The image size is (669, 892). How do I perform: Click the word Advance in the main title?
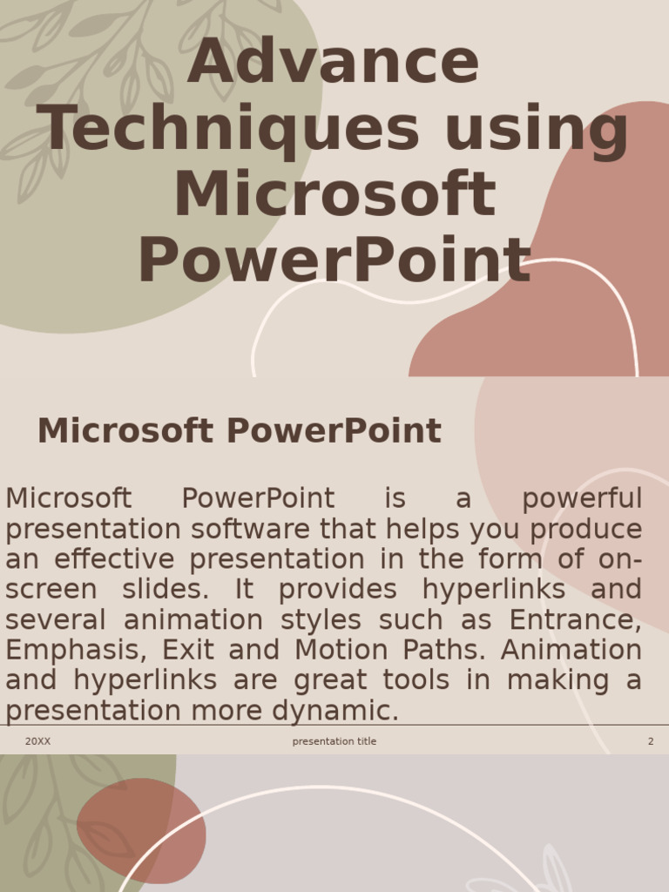[x=333, y=64]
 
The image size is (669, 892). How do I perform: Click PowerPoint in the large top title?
[x=334, y=260]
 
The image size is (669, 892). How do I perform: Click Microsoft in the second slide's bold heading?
[x=125, y=431]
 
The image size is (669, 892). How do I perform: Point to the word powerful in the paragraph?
[x=581, y=499]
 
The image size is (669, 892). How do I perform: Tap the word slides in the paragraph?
[x=166, y=590]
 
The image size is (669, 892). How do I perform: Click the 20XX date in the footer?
[x=37, y=741]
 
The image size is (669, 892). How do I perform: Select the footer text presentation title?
[x=334, y=741]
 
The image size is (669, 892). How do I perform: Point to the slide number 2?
[x=650, y=741]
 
